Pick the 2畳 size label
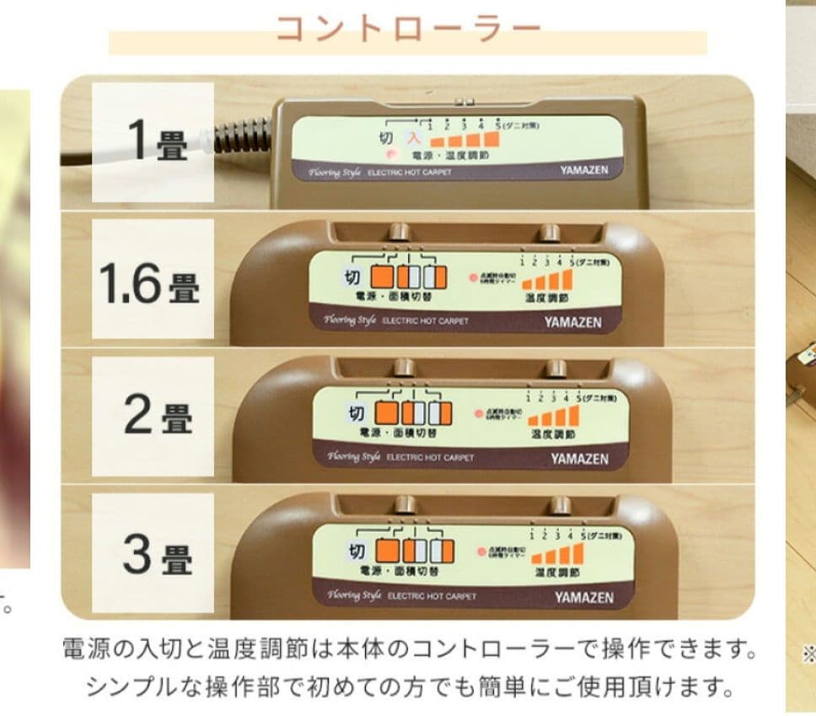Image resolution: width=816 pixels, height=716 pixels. click(x=158, y=416)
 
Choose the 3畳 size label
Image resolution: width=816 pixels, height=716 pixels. click(x=157, y=557)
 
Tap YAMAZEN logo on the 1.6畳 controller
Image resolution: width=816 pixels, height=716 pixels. click(x=573, y=321)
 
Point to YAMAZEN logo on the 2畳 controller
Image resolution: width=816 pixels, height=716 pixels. click(x=580, y=459)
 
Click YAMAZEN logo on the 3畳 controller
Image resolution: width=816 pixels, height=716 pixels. click(x=583, y=597)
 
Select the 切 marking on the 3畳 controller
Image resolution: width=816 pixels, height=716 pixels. click(x=357, y=552)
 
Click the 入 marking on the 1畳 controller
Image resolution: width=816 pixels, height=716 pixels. click(x=412, y=136)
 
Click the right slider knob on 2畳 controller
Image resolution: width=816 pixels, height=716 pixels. click(x=556, y=369)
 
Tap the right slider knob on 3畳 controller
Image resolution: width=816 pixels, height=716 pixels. click(x=558, y=505)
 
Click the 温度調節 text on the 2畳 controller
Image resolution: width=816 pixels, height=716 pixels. click(x=553, y=434)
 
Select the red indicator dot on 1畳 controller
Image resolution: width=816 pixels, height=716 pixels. click(x=389, y=155)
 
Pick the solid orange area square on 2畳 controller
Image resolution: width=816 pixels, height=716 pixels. click(x=386, y=413)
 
